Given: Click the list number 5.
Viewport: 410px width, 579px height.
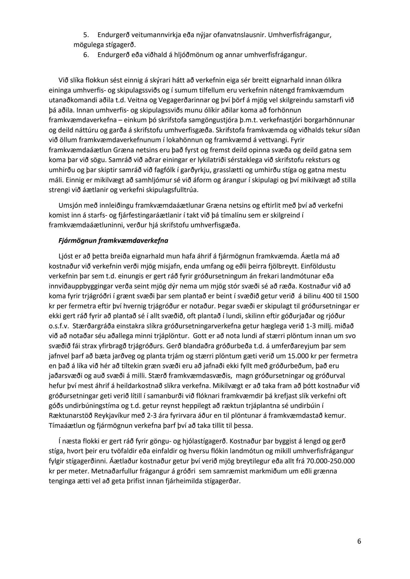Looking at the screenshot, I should [x=85, y=35].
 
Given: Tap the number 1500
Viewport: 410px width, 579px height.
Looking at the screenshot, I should [x=352, y=296].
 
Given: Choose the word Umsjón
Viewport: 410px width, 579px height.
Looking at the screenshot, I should [x=69, y=205].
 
